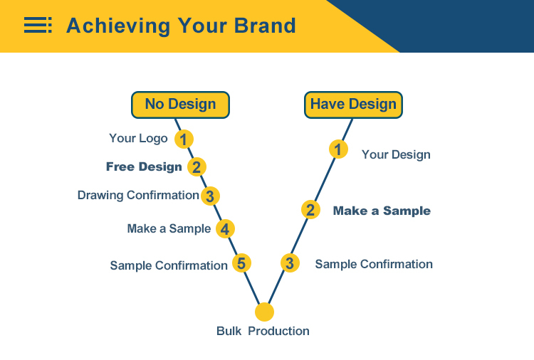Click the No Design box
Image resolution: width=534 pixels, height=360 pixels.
(181, 105)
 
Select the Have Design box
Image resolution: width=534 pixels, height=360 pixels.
(353, 105)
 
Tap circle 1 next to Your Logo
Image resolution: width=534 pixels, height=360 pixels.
(184, 139)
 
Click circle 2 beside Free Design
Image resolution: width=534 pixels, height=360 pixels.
(197, 167)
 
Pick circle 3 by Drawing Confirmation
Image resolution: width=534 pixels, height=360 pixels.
(210, 196)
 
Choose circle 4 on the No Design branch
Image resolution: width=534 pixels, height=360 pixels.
(225, 229)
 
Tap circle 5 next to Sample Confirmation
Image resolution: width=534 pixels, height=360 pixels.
(242, 263)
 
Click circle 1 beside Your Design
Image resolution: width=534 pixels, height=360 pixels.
(338, 149)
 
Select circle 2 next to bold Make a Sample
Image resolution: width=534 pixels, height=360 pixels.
(310, 210)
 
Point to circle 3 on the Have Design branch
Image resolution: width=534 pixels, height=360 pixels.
(290, 263)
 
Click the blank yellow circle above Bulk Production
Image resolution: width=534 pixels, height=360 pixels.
(264, 312)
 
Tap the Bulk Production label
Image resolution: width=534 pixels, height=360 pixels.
(263, 331)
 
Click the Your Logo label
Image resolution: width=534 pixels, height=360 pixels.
(138, 139)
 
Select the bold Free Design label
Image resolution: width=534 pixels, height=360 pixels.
(144, 166)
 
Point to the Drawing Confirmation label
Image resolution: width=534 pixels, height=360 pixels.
(138, 196)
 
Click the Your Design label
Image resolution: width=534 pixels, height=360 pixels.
(396, 155)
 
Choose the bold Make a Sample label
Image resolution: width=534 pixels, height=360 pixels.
(382, 211)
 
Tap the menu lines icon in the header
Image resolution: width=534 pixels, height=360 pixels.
(38, 25)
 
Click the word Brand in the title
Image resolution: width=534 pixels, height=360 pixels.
(265, 26)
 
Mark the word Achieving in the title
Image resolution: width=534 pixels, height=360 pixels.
(118, 26)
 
